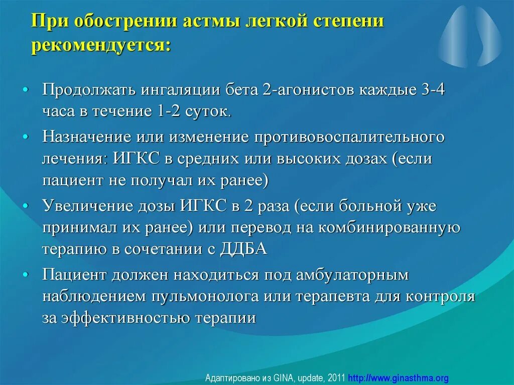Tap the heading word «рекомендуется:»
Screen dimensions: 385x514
[x=101, y=46]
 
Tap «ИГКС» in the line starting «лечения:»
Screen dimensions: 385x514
[x=136, y=159]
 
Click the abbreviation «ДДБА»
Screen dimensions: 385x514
[x=243, y=249]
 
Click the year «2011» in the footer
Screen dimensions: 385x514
[x=336, y=377]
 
